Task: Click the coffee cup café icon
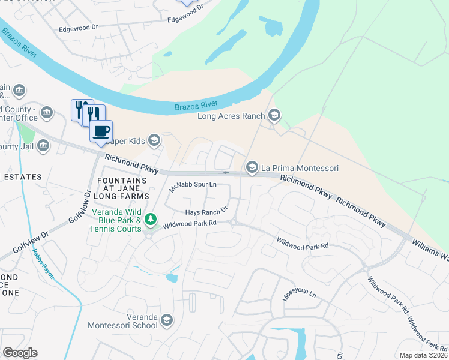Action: click(x=101, y=131)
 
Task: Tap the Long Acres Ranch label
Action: click(x=232, y=115)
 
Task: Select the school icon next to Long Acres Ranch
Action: click(x=274, y=115)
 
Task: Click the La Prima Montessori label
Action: click(x=301, y=167)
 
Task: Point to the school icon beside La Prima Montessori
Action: click(x=252, y=167)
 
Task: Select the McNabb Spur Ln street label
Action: click(x=192, y=187)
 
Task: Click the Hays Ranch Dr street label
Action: click(x=206, y=211)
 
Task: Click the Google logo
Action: click(x=20, y=353)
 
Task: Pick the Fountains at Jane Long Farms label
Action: click(x=122, y=188)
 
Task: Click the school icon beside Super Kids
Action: click(x=154, y=140)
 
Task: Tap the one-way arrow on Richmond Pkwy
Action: click(x=226, y=173)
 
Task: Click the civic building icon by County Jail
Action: click(x=43, y=146)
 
